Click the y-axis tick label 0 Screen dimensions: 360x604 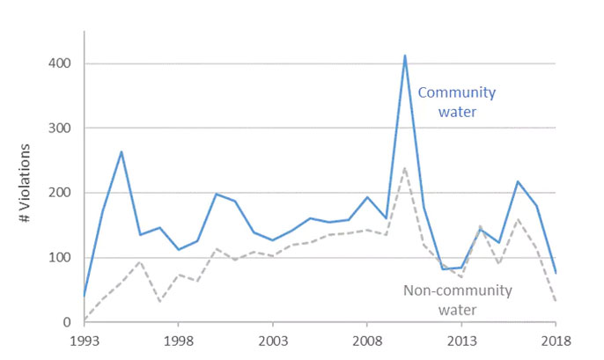[x=65, y=322]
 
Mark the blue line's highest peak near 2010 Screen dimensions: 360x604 [x=405, y=55]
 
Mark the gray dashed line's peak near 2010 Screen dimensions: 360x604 [x=405, y=167]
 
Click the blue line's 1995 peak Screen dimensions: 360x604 [x=122, y=151]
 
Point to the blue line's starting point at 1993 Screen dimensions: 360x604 [x=85, y=296]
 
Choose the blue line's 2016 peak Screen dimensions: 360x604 [x=518, y=181]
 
